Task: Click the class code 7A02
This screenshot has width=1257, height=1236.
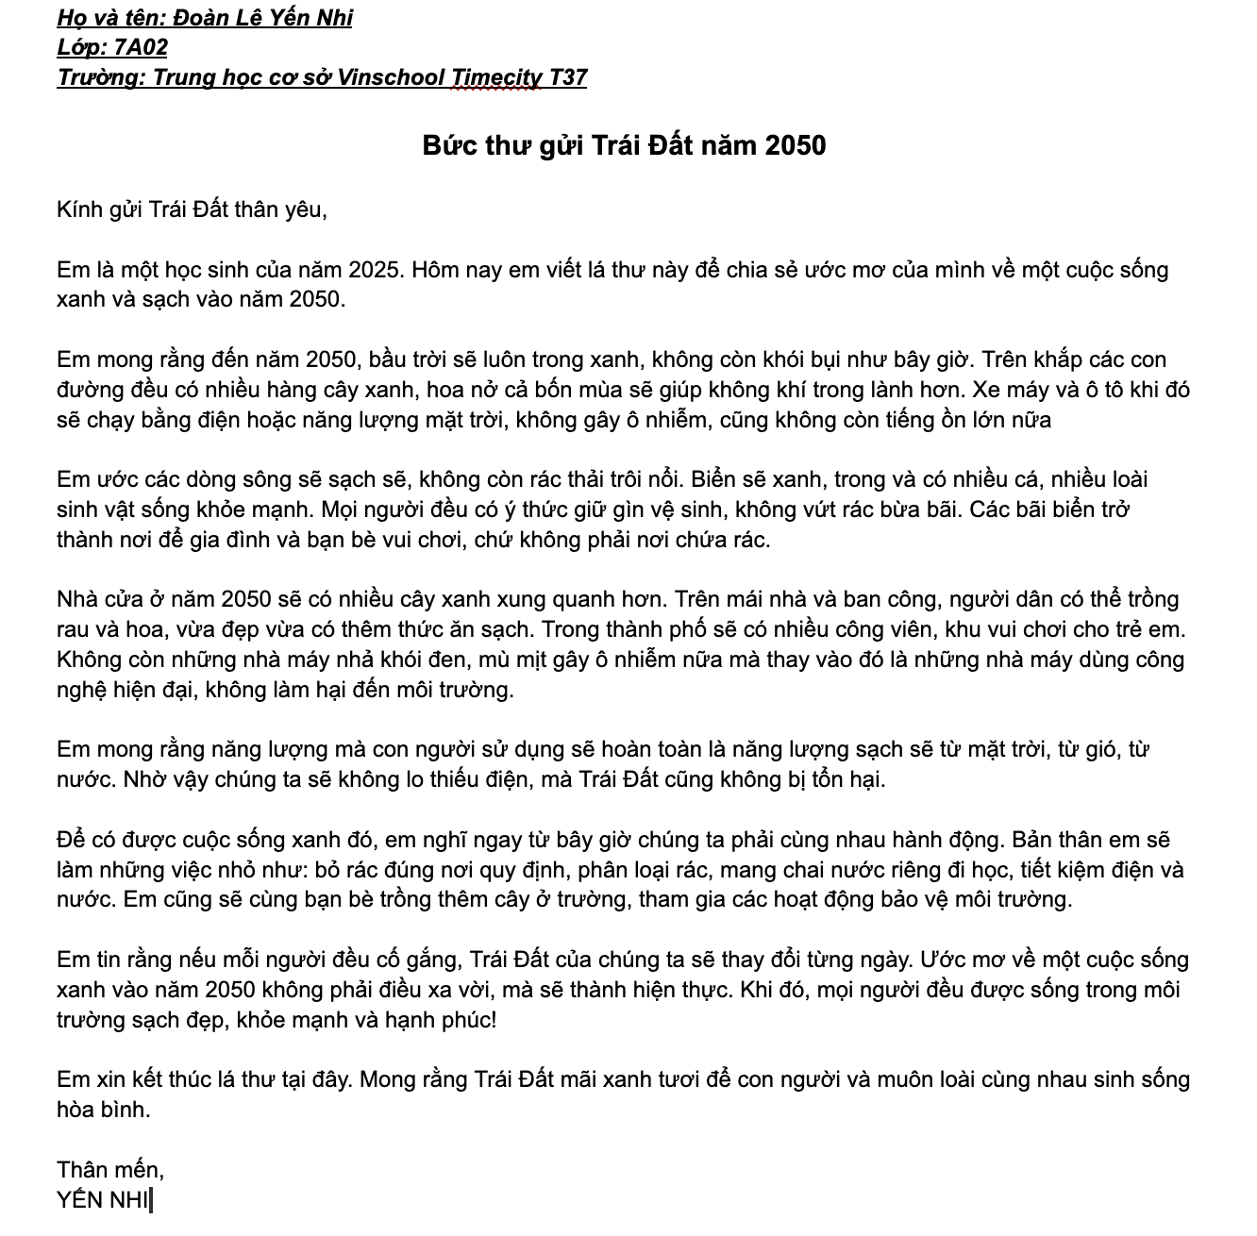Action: pos(140,47)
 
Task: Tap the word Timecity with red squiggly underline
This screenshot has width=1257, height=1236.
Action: pos(496,77)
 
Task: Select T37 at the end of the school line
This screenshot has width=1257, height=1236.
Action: pos(567,77)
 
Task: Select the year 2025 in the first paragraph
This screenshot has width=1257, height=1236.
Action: pos(377,270)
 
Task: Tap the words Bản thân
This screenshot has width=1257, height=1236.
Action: pos(1072,840)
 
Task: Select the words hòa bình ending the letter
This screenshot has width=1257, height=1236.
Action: pos(104,1110)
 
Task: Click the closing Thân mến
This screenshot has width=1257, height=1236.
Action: pos(109,1170)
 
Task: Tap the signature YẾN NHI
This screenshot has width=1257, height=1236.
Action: pos(103,1200)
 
